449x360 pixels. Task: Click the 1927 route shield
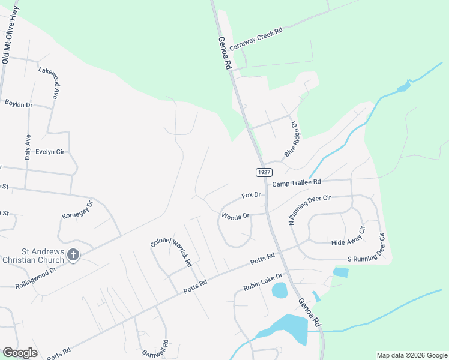(x=263, y=172)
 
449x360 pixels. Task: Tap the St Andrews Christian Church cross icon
(x=73, y=255)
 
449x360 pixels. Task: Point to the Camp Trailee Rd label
(x=297, y=182)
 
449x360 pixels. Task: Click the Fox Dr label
(x=252, y=195)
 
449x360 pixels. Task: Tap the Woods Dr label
(x=235, y=216)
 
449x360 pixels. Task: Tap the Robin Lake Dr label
(x=263, y=280)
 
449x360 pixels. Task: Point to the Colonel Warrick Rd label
(x=172, y=250)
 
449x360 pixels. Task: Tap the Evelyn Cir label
(x=50, y=152)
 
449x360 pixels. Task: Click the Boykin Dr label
(x=19, y=104)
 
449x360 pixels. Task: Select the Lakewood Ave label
(x=49, y=83)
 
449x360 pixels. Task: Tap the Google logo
(x=20, y=353)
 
